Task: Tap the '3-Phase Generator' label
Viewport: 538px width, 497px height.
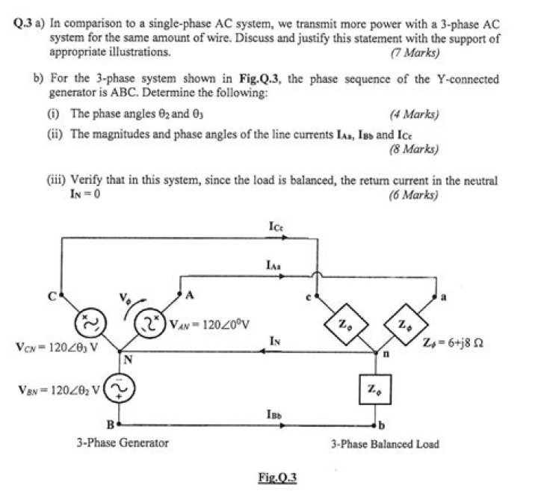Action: [123, 442]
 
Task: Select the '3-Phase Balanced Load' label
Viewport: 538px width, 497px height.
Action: [385, 443]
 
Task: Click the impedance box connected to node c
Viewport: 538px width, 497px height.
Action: [340, 323]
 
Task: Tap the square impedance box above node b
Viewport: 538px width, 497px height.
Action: [373, 389]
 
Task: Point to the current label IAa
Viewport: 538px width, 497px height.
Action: [274, 265]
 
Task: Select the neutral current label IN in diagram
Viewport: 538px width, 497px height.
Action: [274, 341]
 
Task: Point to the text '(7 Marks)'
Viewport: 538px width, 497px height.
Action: [415, 53]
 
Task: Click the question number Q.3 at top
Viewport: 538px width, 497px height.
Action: [25, 24]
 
